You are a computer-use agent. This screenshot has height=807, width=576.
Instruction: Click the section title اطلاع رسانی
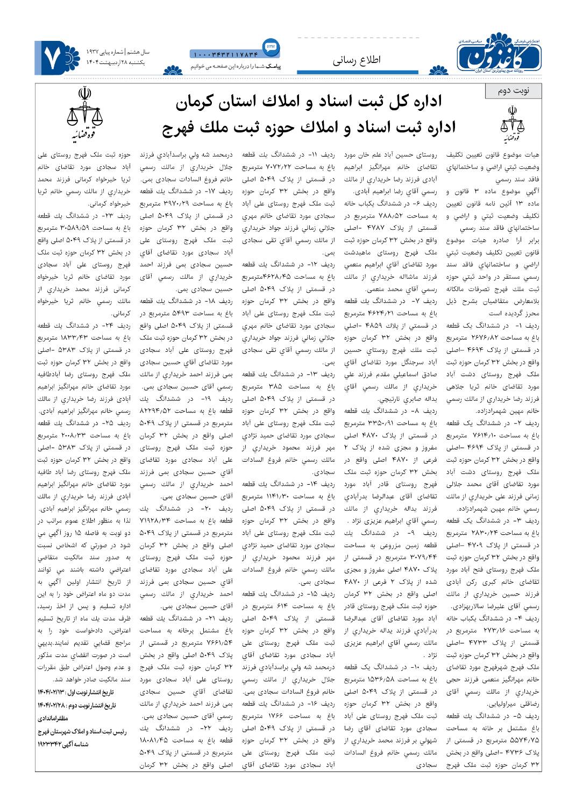coord(355,60)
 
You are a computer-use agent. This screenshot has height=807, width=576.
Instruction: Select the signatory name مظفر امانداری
coord(53,718)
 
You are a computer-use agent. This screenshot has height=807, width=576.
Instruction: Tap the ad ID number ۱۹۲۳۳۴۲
coord(51,745)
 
